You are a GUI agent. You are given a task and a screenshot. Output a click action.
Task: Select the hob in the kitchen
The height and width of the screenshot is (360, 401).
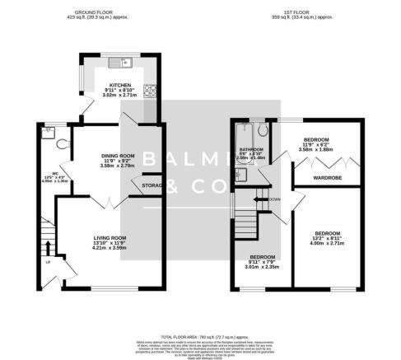(x=150, y=91)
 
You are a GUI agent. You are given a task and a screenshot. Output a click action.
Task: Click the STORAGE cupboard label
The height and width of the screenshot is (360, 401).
(x=152, y=185)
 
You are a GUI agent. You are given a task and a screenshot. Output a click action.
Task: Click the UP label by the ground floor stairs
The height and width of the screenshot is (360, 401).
(x=48, y=261)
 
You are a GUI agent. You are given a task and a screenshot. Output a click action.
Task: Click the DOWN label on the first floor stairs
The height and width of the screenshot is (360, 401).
(x=274, y=199)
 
